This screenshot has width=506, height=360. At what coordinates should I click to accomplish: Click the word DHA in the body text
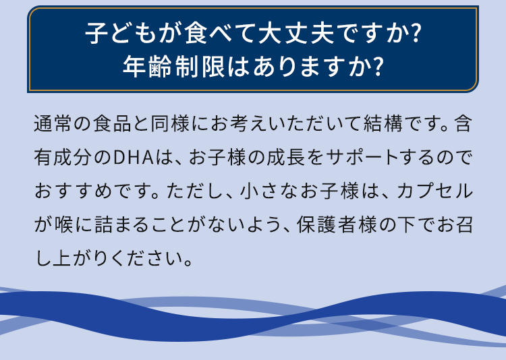click(x=134, y=158)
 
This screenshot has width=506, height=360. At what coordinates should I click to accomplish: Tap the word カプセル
click(x=434, y=191)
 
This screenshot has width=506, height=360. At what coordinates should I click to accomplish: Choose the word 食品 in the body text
click(x=112, y=124)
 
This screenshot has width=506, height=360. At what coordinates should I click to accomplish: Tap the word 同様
click(x=170, y=124)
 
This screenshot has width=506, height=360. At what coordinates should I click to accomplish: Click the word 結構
click(x=383, y=124)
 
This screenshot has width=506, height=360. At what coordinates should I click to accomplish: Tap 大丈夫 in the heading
click(x=296, y=33)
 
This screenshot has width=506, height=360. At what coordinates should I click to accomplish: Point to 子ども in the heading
click(x=122, y=33)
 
